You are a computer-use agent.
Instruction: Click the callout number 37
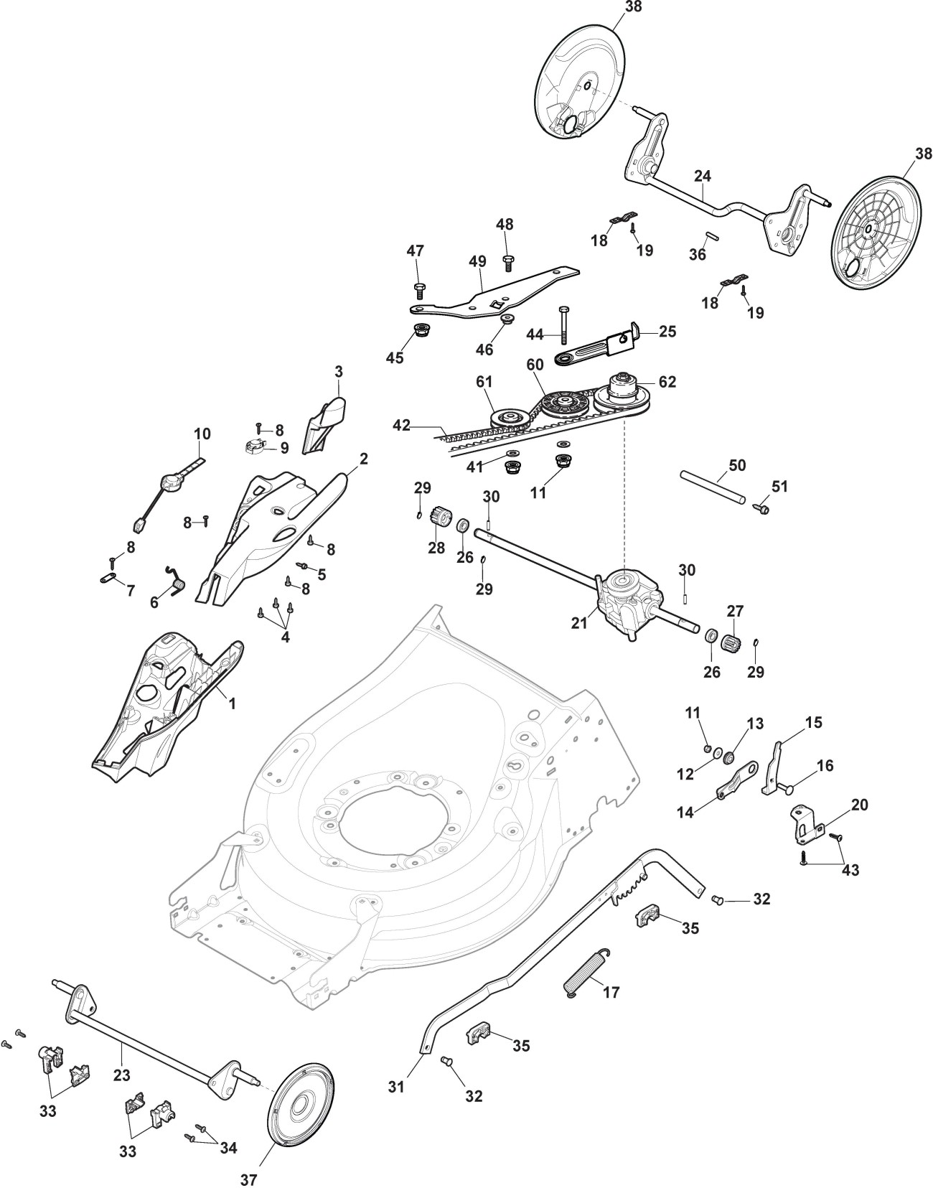248,1179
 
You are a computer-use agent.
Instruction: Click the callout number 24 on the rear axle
702,176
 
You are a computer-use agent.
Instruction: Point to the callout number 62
667,382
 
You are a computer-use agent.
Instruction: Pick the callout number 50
737,465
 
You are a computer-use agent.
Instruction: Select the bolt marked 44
565,327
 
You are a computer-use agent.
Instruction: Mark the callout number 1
232,704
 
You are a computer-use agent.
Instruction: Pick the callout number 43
850,870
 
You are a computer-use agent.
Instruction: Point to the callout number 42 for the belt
402,426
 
